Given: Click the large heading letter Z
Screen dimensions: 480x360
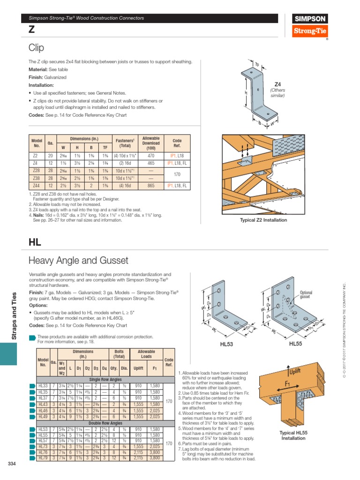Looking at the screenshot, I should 31,29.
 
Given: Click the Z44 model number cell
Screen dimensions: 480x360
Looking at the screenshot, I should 36,186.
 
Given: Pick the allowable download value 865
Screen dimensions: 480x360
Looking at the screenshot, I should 151,186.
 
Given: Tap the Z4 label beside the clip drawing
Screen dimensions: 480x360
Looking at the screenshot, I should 277,84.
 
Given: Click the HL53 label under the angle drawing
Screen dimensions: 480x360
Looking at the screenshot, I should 226,344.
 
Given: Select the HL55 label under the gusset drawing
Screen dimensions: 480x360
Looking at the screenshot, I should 296,344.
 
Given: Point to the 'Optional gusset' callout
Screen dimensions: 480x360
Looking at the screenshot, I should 306,294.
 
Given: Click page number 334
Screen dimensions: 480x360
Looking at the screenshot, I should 12,464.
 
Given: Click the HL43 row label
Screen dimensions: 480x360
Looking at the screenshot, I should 43,404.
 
